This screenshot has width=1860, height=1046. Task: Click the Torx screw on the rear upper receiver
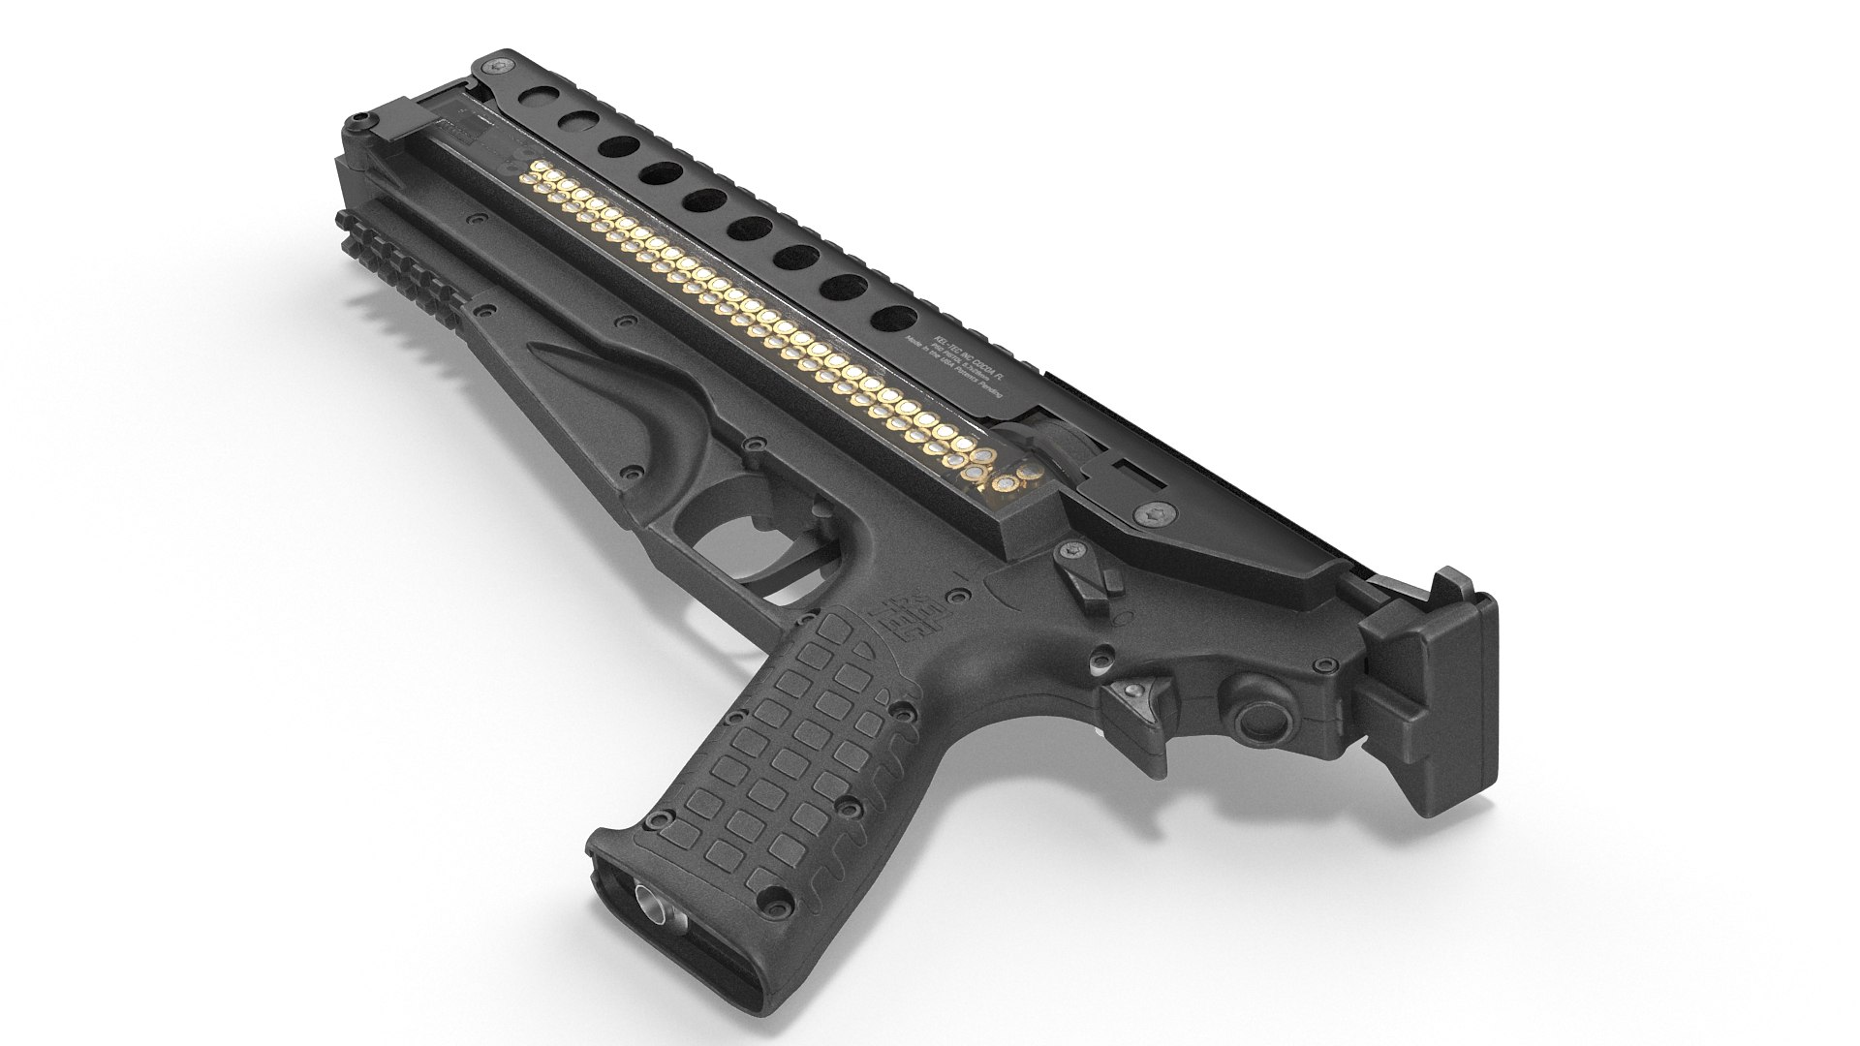point(1156,514)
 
